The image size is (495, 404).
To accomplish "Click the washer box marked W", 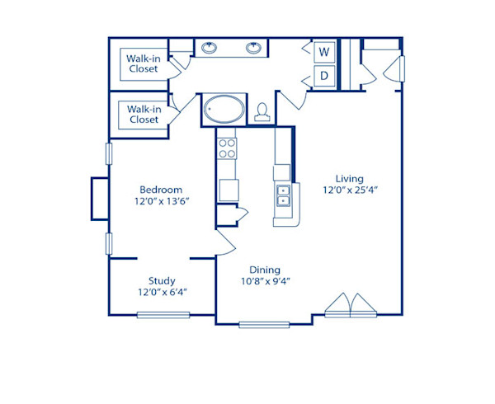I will (x=325, y=52).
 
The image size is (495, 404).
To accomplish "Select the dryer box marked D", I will (x=325, y=77).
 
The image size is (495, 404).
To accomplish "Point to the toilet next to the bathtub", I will (x=263, y=111).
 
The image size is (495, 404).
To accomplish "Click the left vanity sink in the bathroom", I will (x=210, y=48).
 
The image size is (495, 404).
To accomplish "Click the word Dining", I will (x=265, y=270).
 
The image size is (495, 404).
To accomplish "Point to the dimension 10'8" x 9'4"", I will (x=265, y=281).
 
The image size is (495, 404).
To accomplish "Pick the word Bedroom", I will (x=160, y=189).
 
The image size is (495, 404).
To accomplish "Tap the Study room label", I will (x=162, y=280).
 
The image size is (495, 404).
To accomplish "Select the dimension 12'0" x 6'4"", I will (x=162, y=292).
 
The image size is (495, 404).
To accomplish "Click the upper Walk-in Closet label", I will (x=144, y=63).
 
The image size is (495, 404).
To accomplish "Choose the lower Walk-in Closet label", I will (x=144, y=114).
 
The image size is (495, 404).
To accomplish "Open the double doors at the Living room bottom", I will (x=351, y=306).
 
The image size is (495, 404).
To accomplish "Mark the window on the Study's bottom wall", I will (x=163, y=314).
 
